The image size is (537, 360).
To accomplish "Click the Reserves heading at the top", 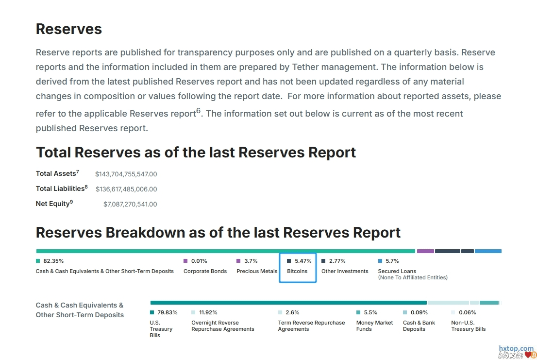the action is pyautogui.click(x=69, y=29).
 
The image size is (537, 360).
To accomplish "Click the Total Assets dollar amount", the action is pyautogui.click(x=126, y=174).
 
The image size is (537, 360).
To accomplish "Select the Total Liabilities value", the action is pyautogui.click(x=126, y=189).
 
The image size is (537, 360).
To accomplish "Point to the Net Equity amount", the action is pyautogui.click(x=130, y=204).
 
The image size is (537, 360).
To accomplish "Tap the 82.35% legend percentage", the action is pyautogui.click(x=53, y=261).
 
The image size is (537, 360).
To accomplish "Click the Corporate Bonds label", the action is pyautogui.click(x=205, y=271).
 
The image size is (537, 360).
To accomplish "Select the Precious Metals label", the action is pyautogui.click(x=257, y=271).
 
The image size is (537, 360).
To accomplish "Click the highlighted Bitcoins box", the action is pyautogui.click(x=298, y=254).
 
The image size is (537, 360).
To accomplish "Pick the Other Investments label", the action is pyautogui.click(x=345, y=271).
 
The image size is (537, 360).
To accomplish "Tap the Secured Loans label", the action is pyautogui.click(x=397, y=271).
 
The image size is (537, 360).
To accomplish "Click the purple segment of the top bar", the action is pyautogui.click(x=425, y=251).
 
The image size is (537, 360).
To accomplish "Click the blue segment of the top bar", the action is pyautogui.click(x=488, y=251).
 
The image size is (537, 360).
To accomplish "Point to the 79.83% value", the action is pyautogui.click(x=168, y=312).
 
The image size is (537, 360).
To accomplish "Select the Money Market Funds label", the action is pyautogui.click(x=375, y=326).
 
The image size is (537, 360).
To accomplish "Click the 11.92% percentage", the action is pyautogui.click(x=208, y=312).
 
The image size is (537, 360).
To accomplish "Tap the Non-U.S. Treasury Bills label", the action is pyautogui.click(x=469, y=326).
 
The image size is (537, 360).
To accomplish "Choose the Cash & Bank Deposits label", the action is pyautogui.click(x=419, y=326).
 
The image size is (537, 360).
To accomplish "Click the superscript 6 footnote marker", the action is pyautogui.click(x=198, y=111).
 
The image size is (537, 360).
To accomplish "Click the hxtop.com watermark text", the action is pyautogui.click(x=516, y=348).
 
